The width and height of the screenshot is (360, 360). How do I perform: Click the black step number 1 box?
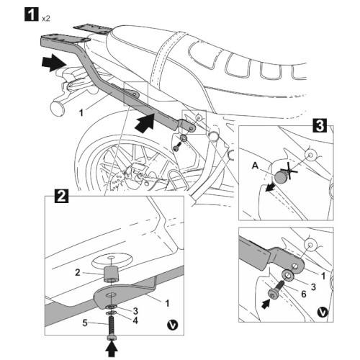31,14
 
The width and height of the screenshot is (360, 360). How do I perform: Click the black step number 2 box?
62,197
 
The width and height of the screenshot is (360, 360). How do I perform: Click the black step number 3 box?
320,125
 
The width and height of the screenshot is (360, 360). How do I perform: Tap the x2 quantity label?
45,19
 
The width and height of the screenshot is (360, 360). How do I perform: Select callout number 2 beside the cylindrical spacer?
78,273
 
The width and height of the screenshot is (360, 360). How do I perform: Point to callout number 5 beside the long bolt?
85,323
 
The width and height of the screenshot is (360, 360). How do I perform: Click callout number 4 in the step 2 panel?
135,320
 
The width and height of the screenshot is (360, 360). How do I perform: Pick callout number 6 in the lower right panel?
304,294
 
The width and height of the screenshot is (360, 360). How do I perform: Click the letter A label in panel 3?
256,166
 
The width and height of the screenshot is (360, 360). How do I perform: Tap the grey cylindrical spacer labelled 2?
110,274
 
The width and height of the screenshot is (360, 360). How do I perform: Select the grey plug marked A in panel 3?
280,177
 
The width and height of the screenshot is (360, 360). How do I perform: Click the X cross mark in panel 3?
289,172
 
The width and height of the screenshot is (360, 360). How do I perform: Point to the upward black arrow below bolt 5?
112,349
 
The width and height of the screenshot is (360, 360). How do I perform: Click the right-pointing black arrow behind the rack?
54,63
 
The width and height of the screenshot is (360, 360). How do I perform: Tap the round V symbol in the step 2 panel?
173,325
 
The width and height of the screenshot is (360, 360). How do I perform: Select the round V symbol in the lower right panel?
323,312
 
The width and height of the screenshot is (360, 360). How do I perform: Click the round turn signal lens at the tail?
57,109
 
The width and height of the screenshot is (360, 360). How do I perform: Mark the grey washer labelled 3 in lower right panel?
289,275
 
